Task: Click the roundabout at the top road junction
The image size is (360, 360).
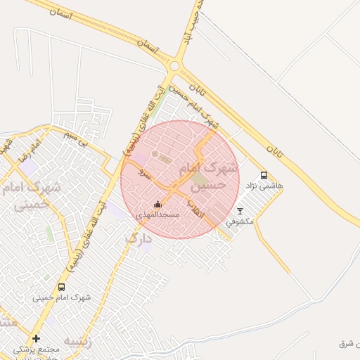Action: click(x=174, y=67)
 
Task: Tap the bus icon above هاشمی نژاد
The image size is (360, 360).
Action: click(x=264, y=176)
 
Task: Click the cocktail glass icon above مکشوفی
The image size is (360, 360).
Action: click(x=240, y=211)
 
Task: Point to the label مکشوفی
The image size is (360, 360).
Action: click(x=240, y=221)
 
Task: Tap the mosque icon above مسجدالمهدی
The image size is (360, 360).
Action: click(x=157, y=205)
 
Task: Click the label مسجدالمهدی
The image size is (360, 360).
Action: click(x=157, y=214)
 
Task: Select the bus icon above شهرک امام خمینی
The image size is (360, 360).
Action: click(x=61, y=287)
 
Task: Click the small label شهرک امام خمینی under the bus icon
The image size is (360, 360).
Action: click(x=62, y=297)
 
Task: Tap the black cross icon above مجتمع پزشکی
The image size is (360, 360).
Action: click(x=36, y=338)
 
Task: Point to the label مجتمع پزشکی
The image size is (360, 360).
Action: click(x=36, y=349)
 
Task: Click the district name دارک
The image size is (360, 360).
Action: click(x=138, y=238)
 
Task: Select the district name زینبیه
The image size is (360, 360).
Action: click(x=77, y=342)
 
